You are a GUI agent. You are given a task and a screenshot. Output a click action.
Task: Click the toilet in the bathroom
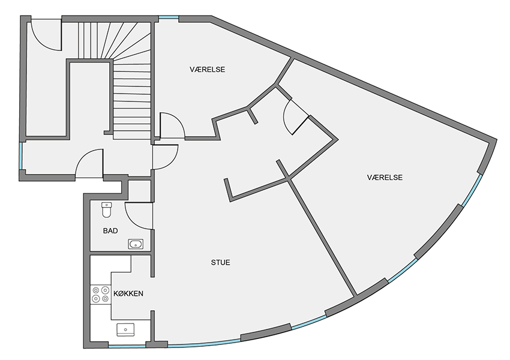point(107,210)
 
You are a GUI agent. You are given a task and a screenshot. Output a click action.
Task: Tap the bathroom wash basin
point(136,244)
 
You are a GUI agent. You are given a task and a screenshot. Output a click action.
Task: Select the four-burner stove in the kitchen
point(101,294)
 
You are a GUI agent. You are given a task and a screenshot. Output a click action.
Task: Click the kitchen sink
point(125,329)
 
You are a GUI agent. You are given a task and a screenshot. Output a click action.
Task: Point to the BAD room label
point(110,231)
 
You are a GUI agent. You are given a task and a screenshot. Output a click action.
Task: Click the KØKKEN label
point(128,293)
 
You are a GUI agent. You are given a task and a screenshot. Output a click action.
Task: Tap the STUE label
point(221,262)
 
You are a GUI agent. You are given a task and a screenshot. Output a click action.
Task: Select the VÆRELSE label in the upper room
point(208,69)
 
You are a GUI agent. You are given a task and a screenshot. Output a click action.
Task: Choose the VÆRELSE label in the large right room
point(385,177)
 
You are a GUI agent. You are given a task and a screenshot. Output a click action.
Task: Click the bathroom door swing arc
point(133,220)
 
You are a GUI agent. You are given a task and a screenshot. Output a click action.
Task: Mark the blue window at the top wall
point(169,17)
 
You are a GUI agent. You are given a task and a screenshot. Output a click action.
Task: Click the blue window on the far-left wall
point(21,155)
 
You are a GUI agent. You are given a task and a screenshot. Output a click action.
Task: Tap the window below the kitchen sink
point(127,346)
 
